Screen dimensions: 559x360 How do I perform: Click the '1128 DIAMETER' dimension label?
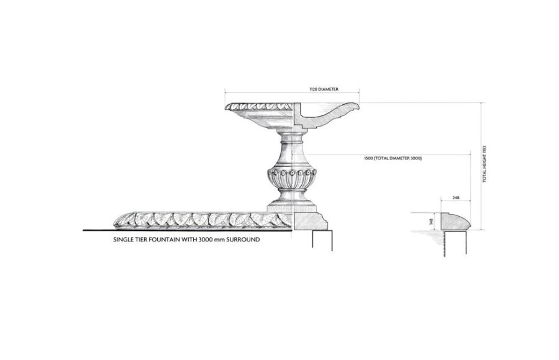click(x=324, y=89)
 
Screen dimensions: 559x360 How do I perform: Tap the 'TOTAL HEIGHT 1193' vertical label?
click(x=484, y=164)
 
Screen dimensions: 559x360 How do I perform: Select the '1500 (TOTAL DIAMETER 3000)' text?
click(x=393, y=158)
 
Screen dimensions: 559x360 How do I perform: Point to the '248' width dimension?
click(x=456, y=197)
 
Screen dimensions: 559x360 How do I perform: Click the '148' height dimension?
click(x=432, y=222)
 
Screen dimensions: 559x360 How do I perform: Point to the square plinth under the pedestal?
click(x=292, y=207)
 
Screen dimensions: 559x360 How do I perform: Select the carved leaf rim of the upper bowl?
click(x=260, y=107)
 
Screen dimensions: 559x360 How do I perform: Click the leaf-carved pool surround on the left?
click(x=203, y=220)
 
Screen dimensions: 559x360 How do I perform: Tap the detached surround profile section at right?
click(x=456, y=222)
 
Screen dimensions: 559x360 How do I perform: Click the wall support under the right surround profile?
click(x=455, y=243)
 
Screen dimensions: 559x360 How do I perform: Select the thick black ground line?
click(x=188, y=230)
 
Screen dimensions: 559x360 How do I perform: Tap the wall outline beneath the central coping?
click(x=322, y=240)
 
